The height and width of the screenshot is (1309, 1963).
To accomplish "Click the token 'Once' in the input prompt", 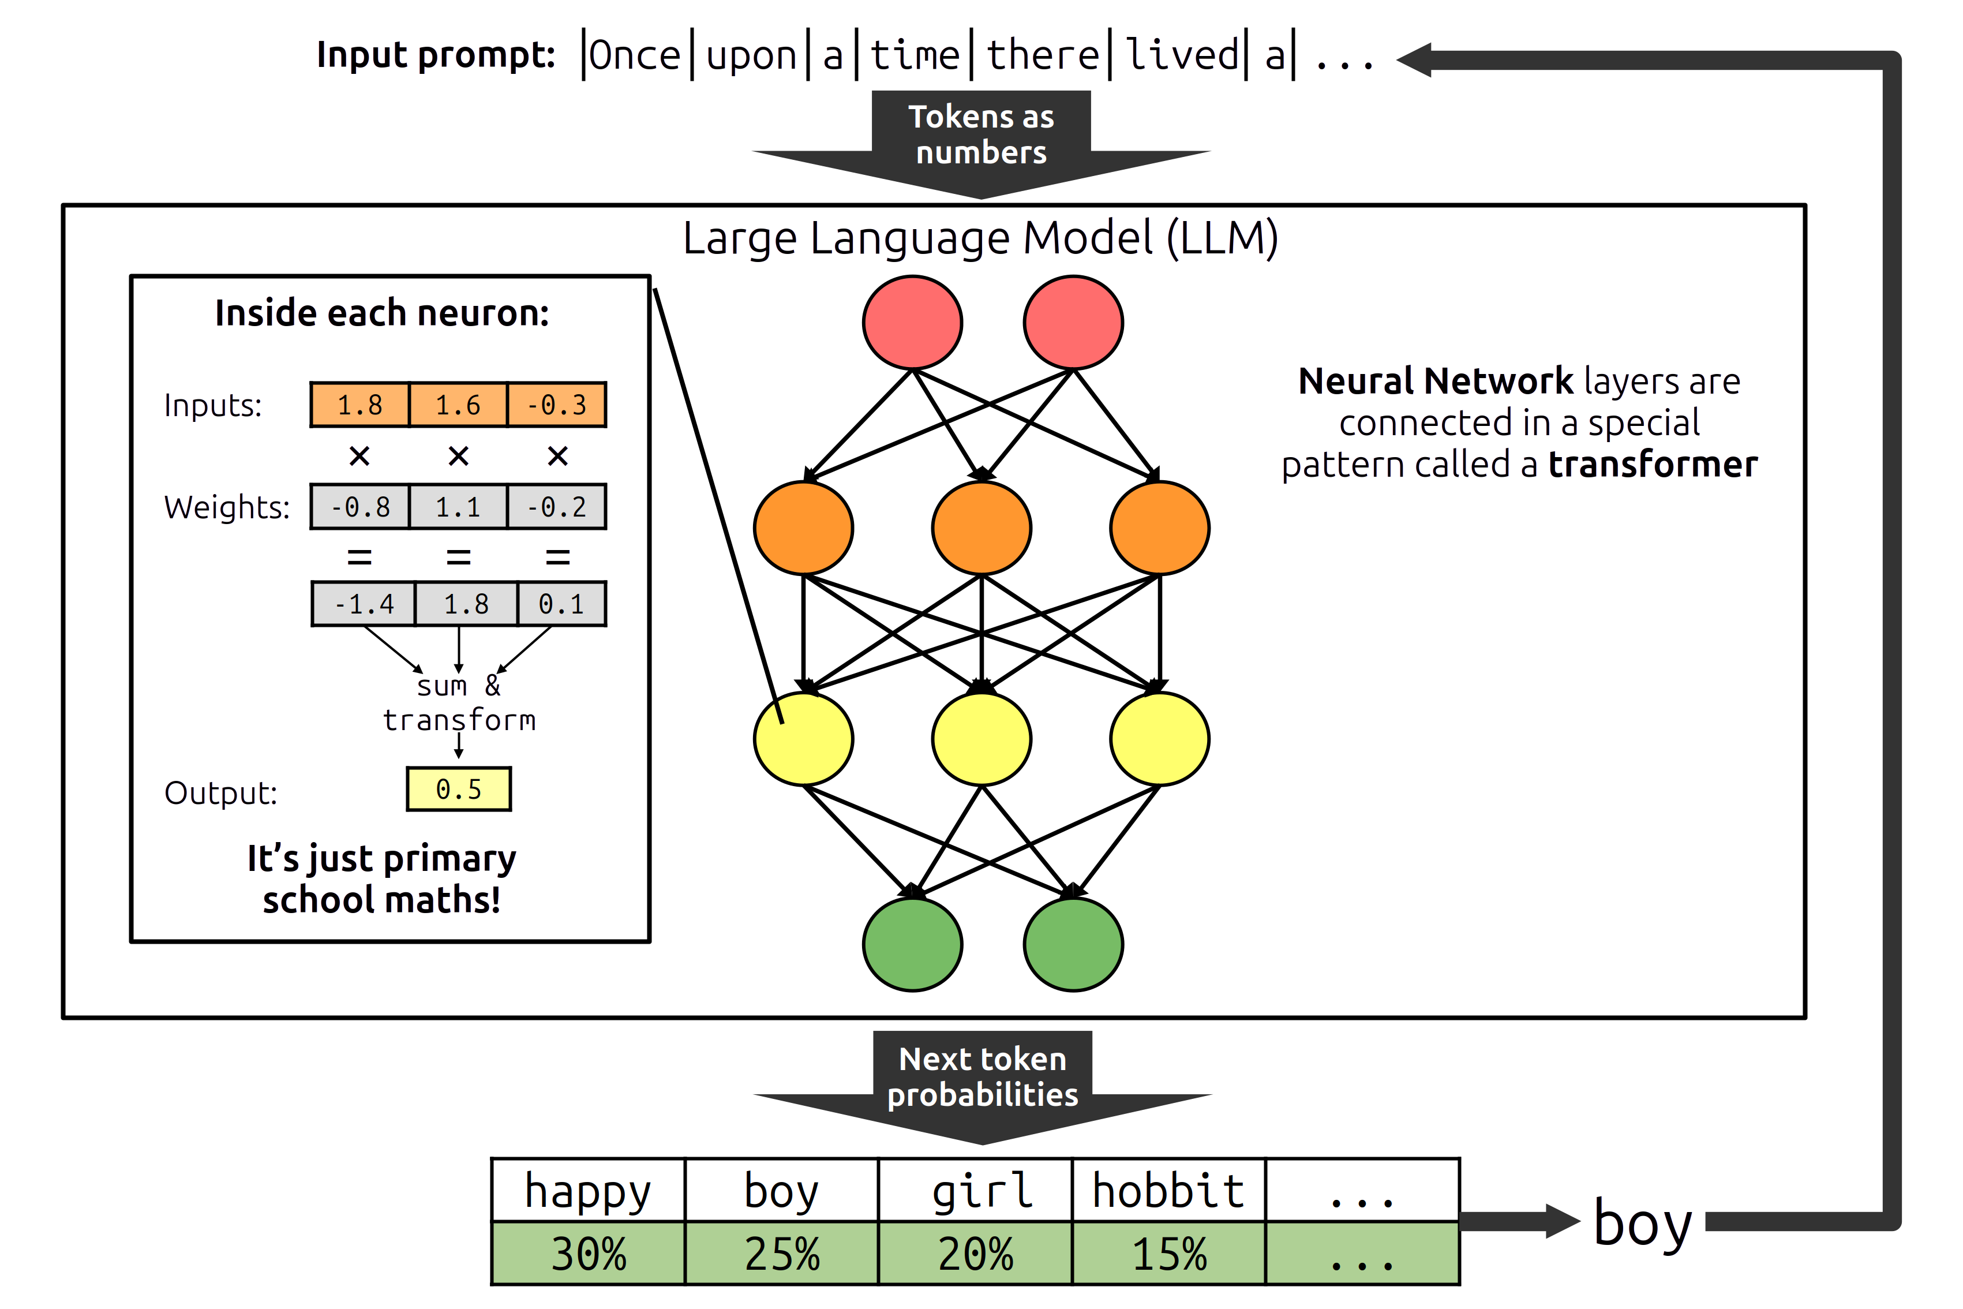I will click(634, 56).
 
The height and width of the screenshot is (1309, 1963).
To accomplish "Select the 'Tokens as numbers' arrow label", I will click(981, 134).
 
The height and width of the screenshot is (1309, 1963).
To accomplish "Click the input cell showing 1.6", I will click(458, 405).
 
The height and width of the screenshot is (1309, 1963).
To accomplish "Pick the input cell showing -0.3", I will click(557, 405).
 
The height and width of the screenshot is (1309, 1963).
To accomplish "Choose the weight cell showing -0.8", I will click(359, 507).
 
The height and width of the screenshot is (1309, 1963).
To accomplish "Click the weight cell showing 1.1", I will click(458, 507).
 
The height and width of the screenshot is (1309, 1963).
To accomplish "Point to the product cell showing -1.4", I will click(364, 604).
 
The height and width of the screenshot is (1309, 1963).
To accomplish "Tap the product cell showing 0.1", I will click(561, 604).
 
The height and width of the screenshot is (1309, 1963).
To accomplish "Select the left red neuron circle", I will click(912, 322).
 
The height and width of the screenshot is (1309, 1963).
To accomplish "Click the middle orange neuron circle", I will click(981, 528).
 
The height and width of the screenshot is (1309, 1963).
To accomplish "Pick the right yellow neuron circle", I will click(1159, 739).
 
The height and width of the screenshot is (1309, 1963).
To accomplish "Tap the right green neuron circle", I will click(1073, 944).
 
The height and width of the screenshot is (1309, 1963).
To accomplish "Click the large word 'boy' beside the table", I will click(1642, 1224).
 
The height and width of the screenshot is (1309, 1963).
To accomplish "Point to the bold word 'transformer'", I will click(1653, 464).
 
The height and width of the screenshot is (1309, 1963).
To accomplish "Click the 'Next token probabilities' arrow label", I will click(982, 1077).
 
